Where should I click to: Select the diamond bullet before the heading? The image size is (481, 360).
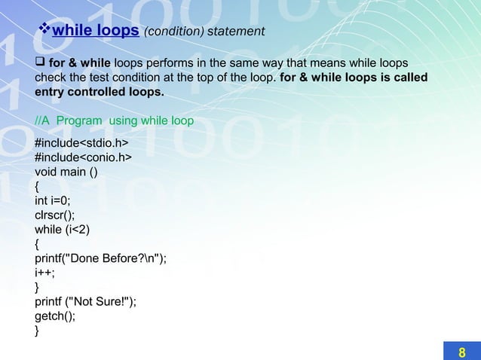(44, 30)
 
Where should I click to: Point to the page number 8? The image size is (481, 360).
(462, 352)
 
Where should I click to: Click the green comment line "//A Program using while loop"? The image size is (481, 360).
(115, 121)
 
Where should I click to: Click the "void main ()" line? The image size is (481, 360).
(66, 172)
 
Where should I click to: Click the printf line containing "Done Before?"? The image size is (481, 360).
(100, 258)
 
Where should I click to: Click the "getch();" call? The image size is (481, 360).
(55, 316)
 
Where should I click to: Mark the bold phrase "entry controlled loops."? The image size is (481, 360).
(99, 92)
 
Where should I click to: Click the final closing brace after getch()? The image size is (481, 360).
(38, 330)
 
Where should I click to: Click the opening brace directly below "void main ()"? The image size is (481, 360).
(38, 186)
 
